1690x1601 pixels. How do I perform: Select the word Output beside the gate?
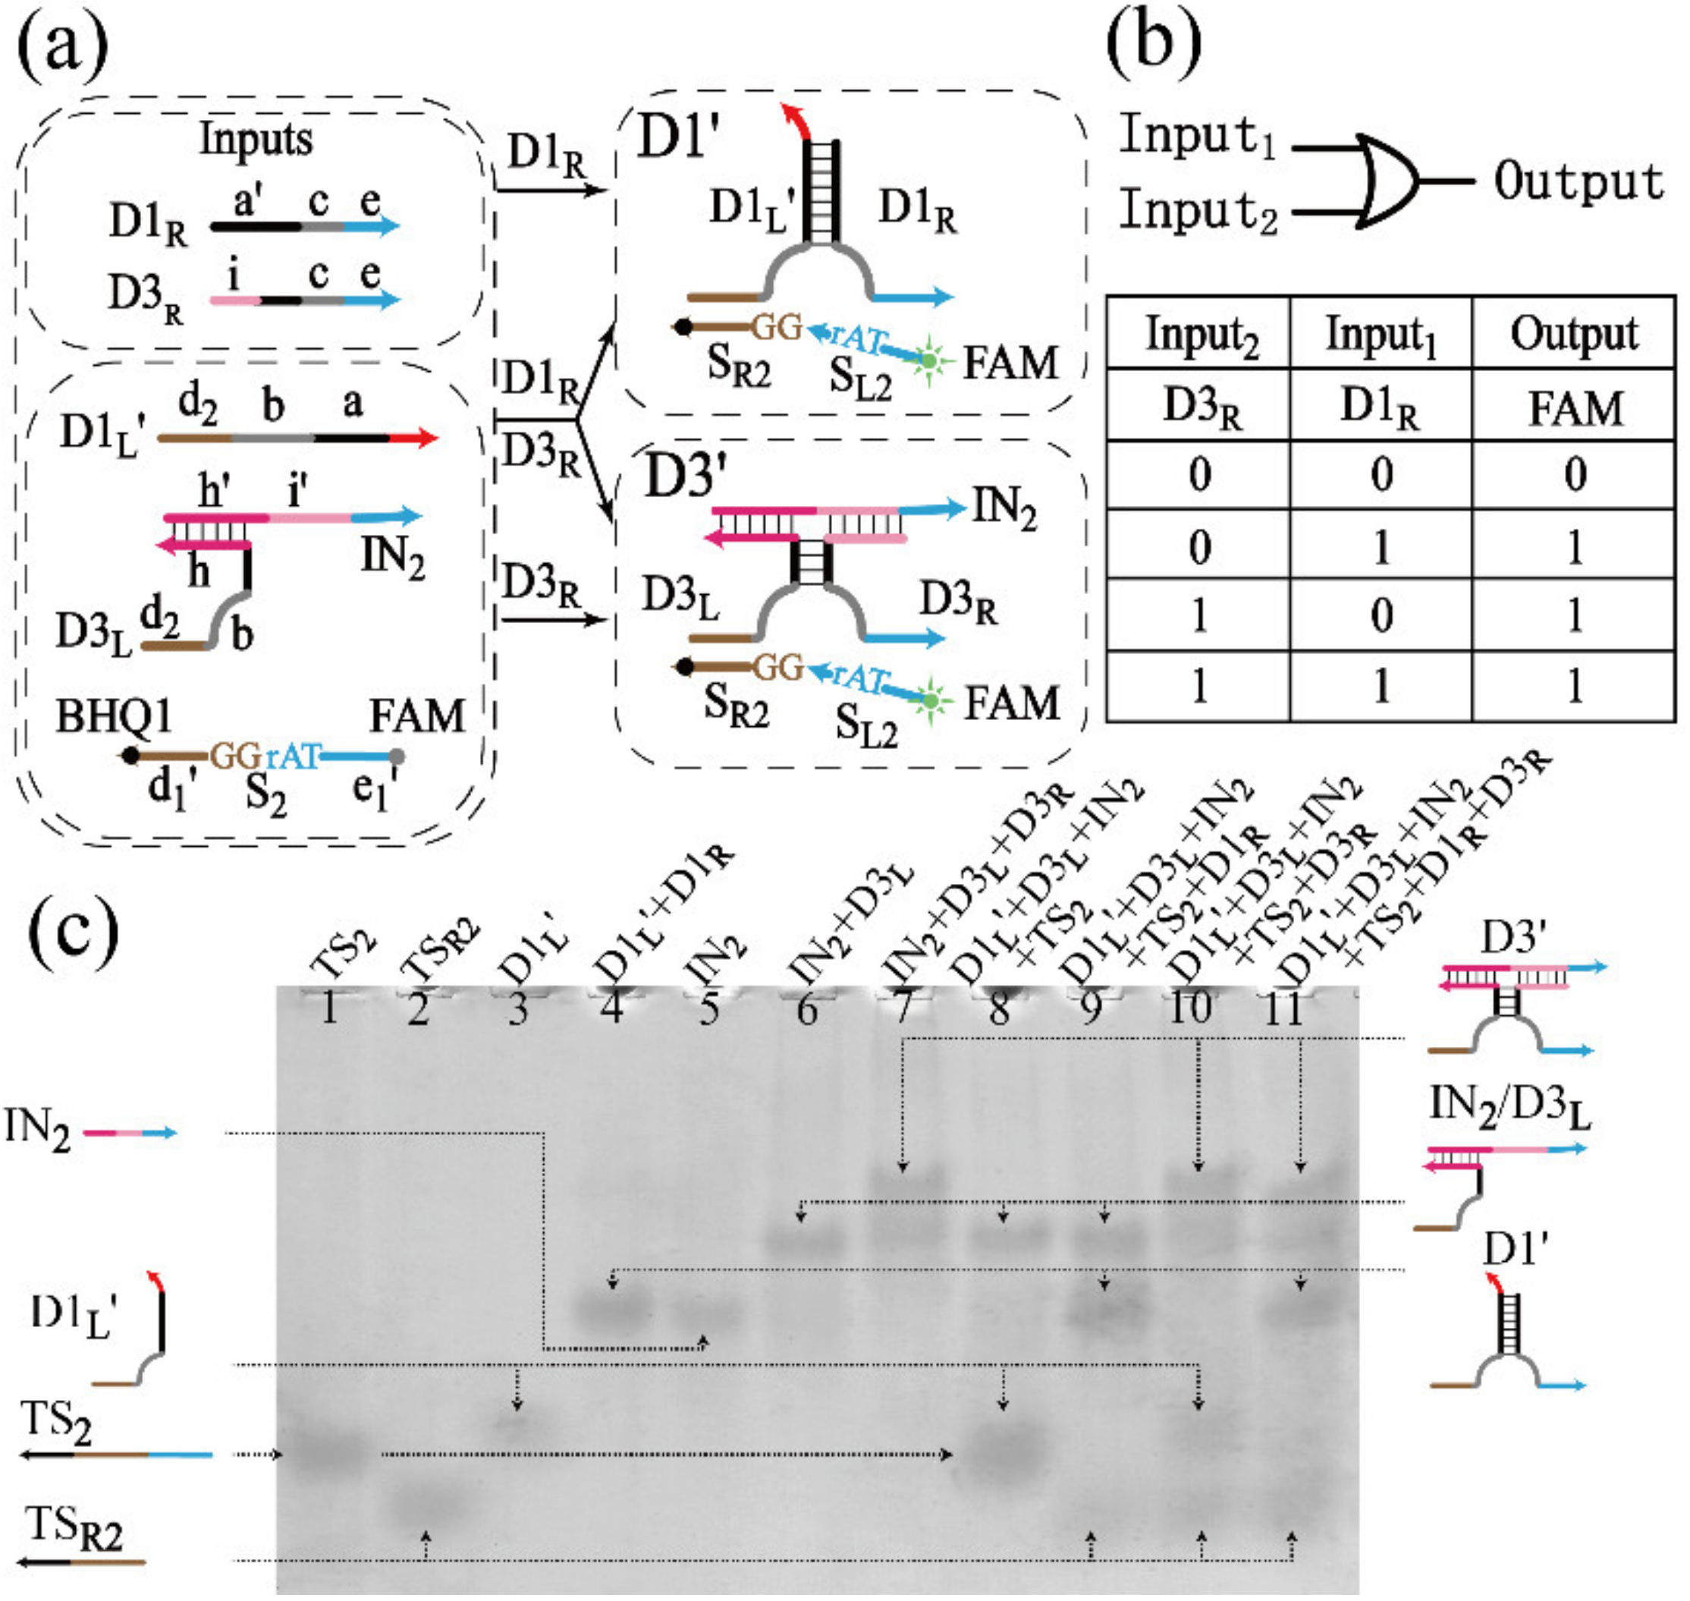(x=1578, y=181)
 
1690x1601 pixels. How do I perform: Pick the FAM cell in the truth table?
(x=1575, y=407)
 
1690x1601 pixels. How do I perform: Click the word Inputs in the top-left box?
(x=255, y=139)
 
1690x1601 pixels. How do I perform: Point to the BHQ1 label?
(x=114, y=716)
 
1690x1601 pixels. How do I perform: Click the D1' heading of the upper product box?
(x=678, y=137)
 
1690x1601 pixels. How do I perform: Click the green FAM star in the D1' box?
(x=929, y=361)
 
